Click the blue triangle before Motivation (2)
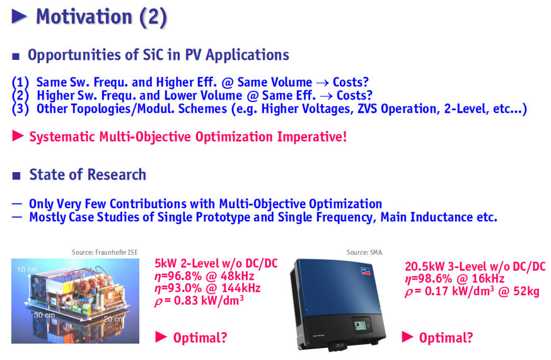coord(19,16)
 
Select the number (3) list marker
coord(20,108)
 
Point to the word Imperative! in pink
coord(312,137)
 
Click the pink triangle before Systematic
coord(18,136)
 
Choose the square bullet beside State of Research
coord(16,175)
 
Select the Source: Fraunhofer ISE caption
coord(105,252)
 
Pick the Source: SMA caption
coord(364,252)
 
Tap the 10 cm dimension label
coord(27,270)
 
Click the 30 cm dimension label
coord(44,315)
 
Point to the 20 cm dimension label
coord(113,319)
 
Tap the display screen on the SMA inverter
coord(360,325)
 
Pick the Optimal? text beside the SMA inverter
coord(446,338)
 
